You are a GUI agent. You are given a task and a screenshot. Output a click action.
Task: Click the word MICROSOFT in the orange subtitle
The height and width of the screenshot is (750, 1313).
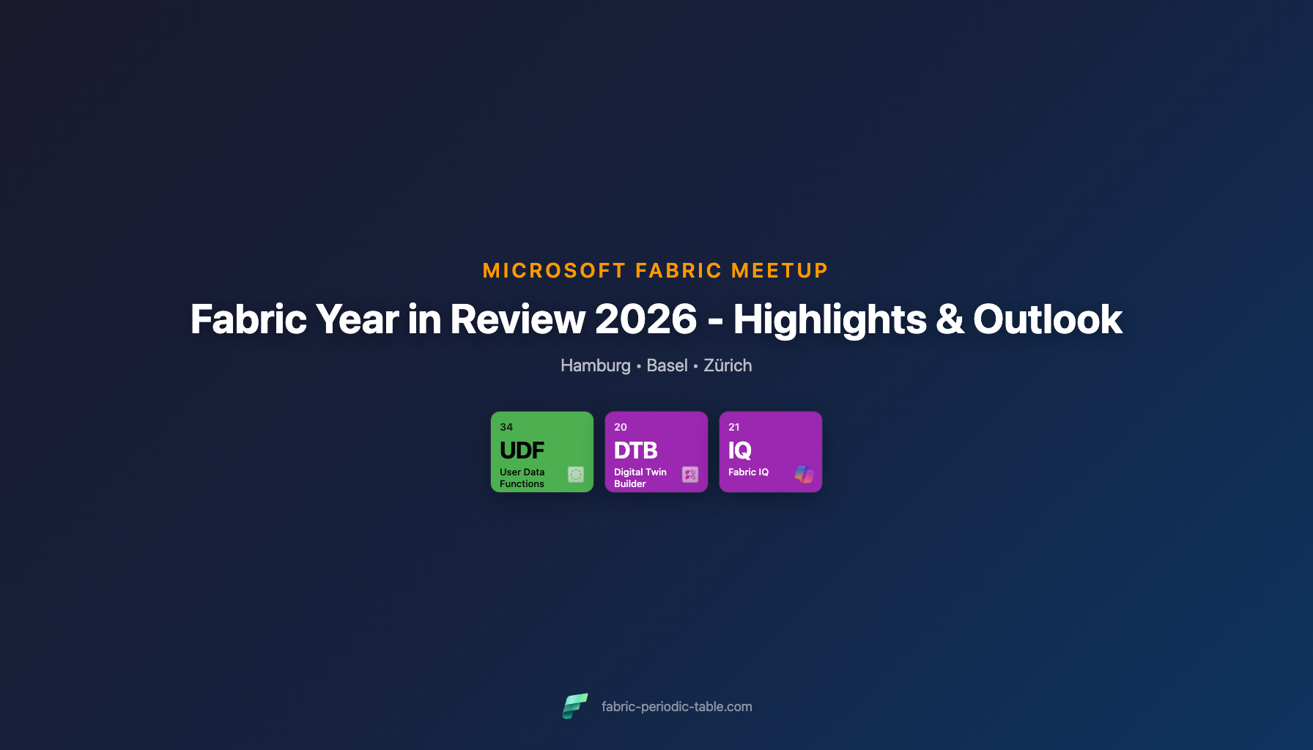554,271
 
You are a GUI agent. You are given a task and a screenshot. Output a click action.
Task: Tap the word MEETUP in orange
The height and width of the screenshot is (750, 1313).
780,271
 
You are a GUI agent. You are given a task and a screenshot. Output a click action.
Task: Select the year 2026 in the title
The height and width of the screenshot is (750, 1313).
646,319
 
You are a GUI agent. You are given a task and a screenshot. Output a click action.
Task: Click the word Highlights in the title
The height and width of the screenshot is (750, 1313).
829,319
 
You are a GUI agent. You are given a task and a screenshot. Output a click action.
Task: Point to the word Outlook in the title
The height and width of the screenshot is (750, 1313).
1047,319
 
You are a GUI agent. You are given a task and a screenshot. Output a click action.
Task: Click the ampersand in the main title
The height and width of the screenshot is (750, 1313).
950,320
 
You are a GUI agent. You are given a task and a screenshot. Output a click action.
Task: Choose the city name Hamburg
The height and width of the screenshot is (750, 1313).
595,365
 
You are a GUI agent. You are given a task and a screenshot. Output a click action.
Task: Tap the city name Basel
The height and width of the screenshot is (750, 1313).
667,365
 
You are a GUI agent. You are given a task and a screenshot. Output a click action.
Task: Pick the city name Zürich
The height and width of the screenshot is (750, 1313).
728,365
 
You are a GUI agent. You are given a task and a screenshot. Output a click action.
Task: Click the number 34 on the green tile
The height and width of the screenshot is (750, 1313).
506,427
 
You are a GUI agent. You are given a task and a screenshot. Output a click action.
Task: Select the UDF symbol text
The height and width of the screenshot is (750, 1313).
522,450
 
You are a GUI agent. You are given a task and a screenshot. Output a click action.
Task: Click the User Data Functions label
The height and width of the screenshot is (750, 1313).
522,478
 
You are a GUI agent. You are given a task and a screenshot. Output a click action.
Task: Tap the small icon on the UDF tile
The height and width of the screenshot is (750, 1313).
576,475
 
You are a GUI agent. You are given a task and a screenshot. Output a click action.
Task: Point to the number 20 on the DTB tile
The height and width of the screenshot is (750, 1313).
621,427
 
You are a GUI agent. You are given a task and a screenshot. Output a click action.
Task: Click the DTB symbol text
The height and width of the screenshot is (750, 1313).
635,450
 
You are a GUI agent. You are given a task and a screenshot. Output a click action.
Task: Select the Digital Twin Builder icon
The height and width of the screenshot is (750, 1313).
690,475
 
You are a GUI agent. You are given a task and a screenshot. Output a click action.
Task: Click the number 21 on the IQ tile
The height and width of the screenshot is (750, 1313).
734,427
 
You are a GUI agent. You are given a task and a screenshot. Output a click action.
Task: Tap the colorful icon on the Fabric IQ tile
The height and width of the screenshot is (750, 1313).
805,475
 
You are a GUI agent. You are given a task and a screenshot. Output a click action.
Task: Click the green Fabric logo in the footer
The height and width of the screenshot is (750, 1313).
575,706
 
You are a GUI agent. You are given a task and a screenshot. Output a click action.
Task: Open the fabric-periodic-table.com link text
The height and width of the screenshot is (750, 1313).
676,707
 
